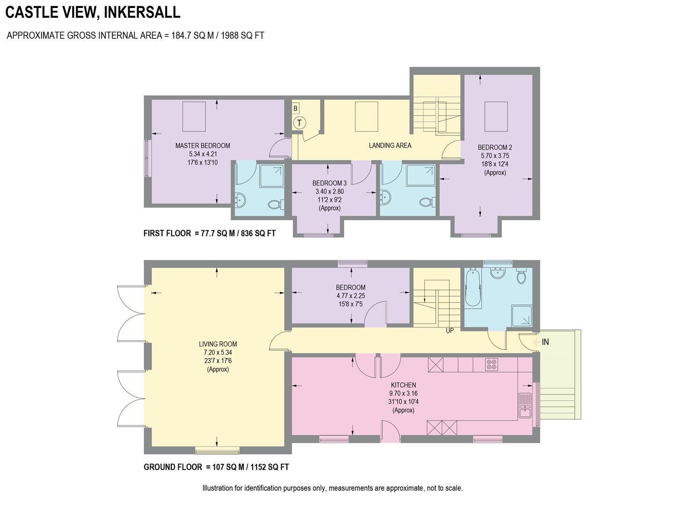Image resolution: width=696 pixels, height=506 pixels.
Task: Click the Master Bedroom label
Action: pos(203,146)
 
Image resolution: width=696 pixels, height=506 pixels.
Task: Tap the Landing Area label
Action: pos(390,145)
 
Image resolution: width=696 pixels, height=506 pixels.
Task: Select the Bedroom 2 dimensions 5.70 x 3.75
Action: pos(495,156)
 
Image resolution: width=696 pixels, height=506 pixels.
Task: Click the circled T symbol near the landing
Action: pos(300,123)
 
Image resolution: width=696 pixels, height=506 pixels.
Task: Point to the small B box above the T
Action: pos(295,109)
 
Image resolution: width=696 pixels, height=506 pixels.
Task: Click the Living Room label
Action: pos(218,344)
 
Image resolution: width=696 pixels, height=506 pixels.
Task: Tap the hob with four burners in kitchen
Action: pos(491,364)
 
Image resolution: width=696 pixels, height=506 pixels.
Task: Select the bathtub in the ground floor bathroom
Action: pos(473,288)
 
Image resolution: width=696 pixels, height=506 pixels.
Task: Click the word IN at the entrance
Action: pos(545,342)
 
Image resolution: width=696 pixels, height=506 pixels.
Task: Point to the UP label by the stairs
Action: pos(450,330)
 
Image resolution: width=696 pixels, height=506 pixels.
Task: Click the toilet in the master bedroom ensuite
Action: pos(275,204)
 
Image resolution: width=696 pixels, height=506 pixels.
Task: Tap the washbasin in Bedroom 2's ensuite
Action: pos(386,197)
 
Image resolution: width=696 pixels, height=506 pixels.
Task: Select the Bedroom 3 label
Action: pos(330,183)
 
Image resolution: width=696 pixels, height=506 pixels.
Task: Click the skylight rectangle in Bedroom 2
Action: pos(496,117)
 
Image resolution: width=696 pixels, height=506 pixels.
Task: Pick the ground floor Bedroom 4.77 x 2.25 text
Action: pos(351,296)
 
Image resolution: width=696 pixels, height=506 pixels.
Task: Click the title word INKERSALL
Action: pos(142,12)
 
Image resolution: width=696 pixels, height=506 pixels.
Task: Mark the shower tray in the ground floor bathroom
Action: pos(522,315)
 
